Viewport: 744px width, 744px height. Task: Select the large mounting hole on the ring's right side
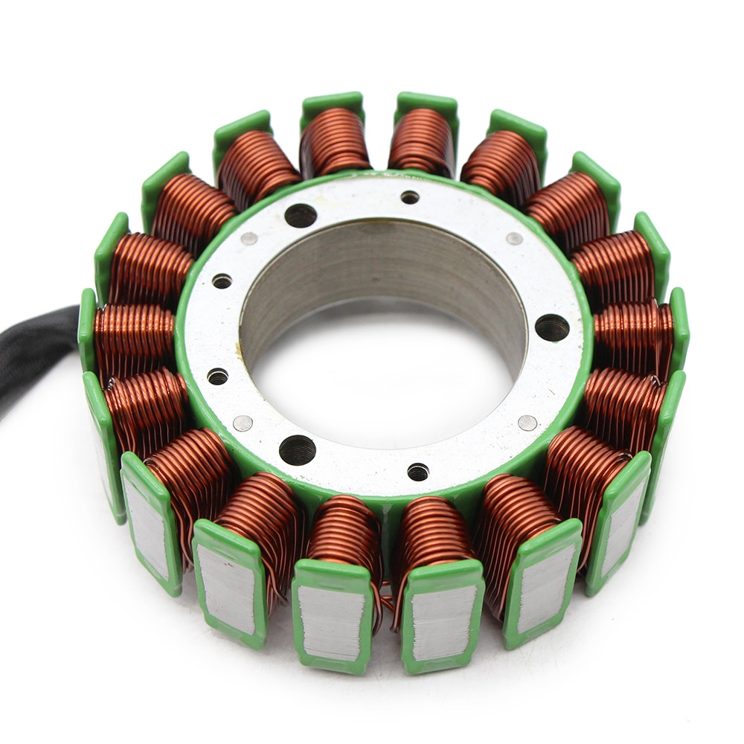(x=551, y=327)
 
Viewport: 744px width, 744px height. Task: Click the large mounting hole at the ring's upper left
(x=301, y=216)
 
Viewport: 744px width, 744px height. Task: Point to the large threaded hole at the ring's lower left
(x=298, y=450)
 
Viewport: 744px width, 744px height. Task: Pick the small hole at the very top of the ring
(x=410, y=197)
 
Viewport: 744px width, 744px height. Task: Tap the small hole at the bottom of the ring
(x=418, y=472)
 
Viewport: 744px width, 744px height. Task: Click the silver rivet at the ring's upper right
(x=514, y=239)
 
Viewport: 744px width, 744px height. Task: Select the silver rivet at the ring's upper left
(x=249, y=239)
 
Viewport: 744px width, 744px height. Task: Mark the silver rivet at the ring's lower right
(x=527, y=423)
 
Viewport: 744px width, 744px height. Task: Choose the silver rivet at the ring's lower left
(x=243, y=423)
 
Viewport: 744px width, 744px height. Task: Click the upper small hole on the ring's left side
(x=222, y=281)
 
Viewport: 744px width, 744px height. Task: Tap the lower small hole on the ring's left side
(x=217, y=376)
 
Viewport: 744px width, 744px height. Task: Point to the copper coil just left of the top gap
(x=335, y=141)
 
